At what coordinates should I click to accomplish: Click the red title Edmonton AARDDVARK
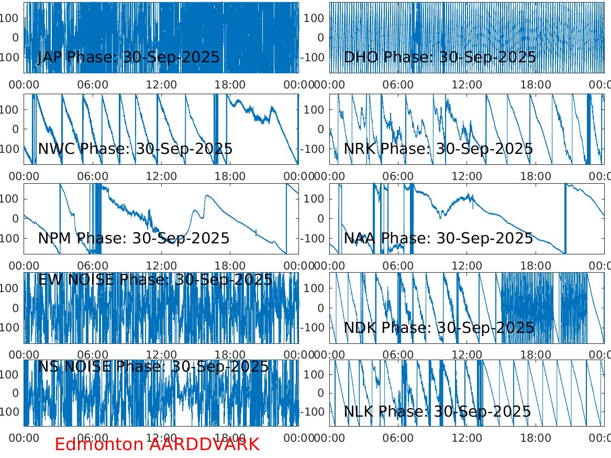point(157,444)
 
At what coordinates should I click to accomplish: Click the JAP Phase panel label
point(129,57)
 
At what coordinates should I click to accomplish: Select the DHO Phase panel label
point(440,57)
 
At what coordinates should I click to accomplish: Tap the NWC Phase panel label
point(135,149)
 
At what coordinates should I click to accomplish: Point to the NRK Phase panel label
point(438,149)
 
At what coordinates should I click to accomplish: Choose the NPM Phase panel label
point(134,239)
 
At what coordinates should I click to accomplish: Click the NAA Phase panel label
point(438,239)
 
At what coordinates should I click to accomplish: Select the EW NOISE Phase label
point(155,280)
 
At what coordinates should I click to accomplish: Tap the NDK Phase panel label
point(439,328)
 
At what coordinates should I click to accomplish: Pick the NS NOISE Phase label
point(153,366)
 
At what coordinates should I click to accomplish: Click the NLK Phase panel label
point(437,411)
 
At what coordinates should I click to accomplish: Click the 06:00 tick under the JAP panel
point(93,84)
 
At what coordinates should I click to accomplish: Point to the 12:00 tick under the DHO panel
point(467,84)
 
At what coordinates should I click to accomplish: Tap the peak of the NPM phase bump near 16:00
point(208,196)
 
